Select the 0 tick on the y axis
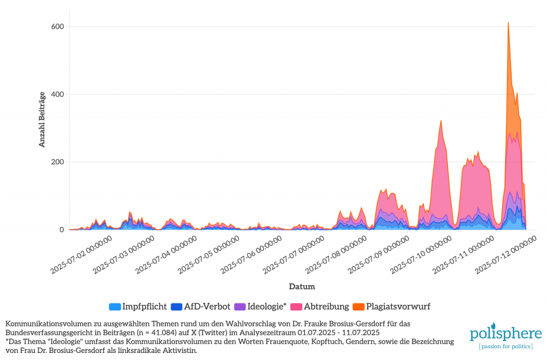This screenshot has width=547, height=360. click(61, 230)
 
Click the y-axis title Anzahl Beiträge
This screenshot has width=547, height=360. click(42, 120)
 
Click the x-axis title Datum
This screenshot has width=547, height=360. click(302, 287)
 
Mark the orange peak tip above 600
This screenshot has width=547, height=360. click(508, 23)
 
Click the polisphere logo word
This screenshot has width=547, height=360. click(505, 334)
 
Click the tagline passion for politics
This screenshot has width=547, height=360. click(506, 346)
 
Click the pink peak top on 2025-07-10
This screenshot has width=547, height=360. click(441, 121)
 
